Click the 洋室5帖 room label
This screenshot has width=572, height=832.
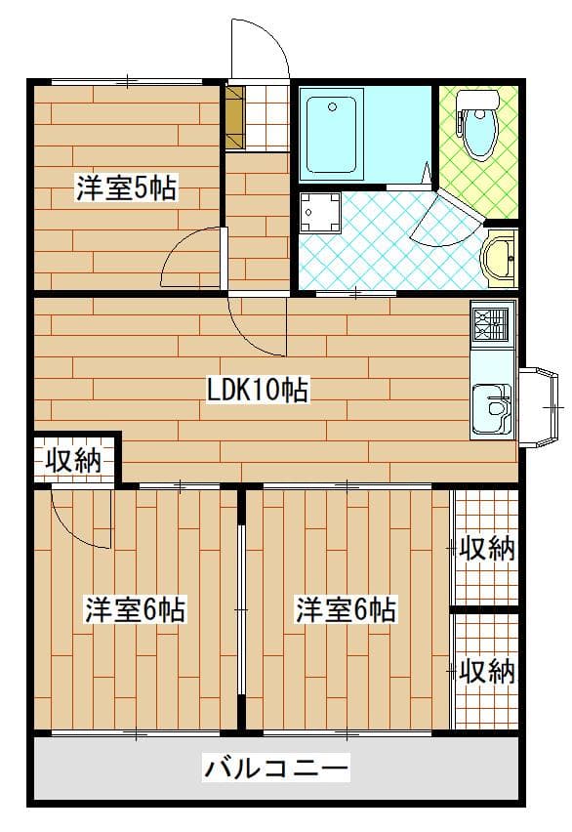126,188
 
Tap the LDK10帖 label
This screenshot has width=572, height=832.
258,392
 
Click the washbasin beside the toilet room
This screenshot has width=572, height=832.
500,259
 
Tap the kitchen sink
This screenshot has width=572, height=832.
491,409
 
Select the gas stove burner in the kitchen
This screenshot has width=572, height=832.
491,323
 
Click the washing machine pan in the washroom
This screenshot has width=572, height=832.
320,212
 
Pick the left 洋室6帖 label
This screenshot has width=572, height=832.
135,610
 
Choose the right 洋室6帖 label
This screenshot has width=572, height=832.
347,610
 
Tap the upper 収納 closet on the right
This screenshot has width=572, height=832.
486,549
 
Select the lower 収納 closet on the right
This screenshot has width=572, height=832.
486,672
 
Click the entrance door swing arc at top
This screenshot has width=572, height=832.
260,49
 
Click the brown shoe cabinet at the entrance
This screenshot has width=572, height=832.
234,117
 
